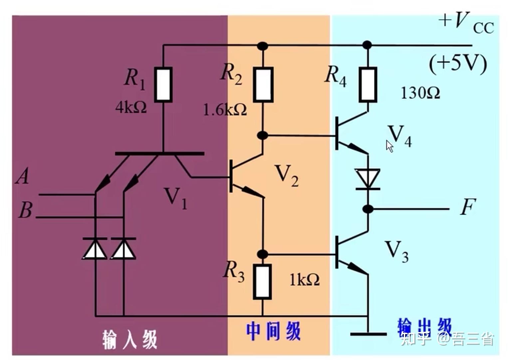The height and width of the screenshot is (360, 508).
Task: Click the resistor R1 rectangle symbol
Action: click(163, 85)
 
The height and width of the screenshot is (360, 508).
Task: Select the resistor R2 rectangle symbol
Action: click(263, 85)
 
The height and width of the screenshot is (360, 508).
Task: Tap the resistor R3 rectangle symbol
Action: click(262, 281)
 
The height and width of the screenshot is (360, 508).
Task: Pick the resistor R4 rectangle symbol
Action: click(368, 85)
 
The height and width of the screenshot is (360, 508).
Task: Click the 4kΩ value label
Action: click(131, 107)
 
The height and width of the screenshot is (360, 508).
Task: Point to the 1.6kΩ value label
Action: click(225, 109)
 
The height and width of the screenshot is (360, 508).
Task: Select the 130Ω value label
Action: click(420, 93)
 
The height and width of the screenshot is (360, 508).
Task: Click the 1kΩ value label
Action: click(304, 280)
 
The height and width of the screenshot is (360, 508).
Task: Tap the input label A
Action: click(23, 176)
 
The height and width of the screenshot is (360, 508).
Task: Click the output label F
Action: click(467, 207)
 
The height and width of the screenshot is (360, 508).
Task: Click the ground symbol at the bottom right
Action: click(368, 333)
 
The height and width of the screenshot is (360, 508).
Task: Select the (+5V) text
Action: click(458, 63)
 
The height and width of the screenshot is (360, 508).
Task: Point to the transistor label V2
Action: click(286, 175)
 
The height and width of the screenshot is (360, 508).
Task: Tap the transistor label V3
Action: click(396, 251)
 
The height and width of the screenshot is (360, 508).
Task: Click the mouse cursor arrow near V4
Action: click(389, 146)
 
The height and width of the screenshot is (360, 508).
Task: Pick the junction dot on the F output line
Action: click(368, 209)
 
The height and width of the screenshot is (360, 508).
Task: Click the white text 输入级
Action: click(129, 339)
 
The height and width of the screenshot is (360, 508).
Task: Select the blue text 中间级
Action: click(273, 331)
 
